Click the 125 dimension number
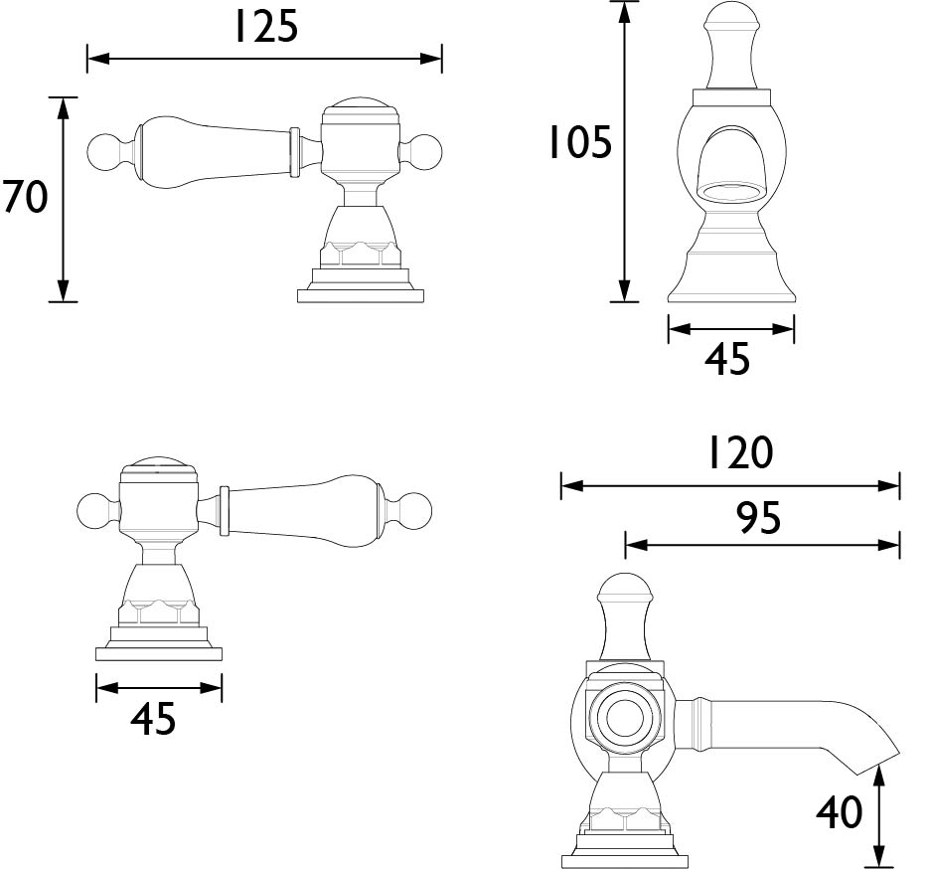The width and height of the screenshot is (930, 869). tap(266, 28)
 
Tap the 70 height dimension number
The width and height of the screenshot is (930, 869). tap(24, 197)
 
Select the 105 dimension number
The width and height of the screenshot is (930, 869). tap(579, 142)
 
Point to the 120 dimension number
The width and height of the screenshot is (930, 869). tap(741, 453)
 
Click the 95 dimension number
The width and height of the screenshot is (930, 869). tap(758, 518)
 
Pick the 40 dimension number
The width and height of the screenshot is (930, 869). tap(840, 812)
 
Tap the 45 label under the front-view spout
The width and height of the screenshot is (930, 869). tap(727, 359)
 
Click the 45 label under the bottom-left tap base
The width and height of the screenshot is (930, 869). tap(153, 719)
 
